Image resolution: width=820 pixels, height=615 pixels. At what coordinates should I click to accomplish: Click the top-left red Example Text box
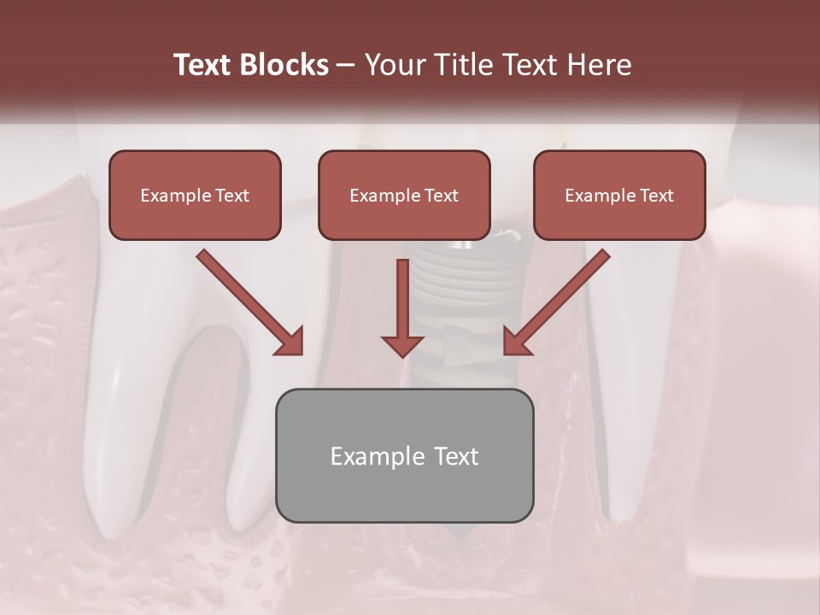[195, 195]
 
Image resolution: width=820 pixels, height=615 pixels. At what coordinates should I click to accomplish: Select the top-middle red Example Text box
[404, 195]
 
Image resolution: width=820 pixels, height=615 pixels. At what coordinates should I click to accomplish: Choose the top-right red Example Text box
[619, 195]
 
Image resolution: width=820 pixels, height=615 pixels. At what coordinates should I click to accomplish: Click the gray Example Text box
[404, 455]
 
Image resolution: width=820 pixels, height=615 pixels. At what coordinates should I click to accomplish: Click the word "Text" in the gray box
[452, 456]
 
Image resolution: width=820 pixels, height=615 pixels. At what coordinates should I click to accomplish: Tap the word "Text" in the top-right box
[656, 196]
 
